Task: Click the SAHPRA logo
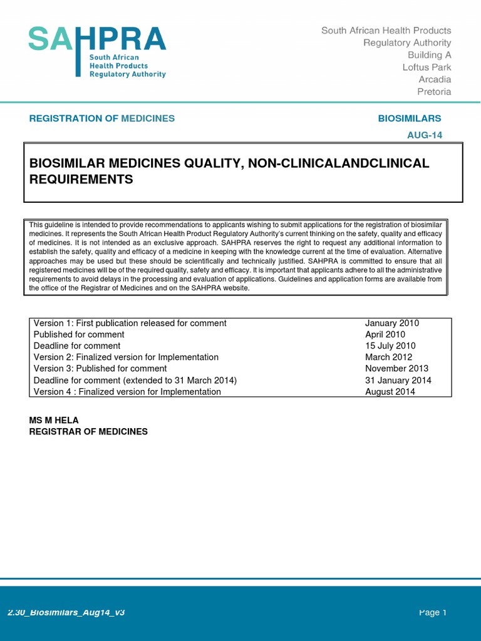[97, 51]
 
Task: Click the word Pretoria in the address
[434, 91]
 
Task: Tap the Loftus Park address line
[427, 67]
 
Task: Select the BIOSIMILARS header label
[410, 118]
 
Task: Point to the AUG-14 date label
[425, 135]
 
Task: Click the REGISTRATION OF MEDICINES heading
[102, 118]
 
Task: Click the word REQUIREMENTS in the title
[81, 180]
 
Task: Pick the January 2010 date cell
[392, 323]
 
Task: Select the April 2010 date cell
[385, 334]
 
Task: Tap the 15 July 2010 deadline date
[390, 346]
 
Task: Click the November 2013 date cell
[396, 369]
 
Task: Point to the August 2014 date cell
[390, 392]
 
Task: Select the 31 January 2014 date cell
[398, 380]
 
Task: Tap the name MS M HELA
[54, 420]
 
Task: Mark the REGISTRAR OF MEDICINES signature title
[88, 432]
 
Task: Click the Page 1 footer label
[433, 612]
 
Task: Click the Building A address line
[429, 55]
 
